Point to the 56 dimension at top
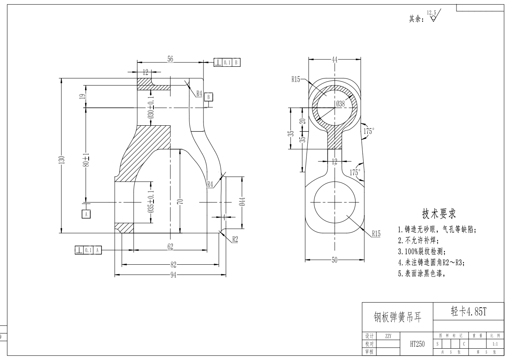pyautogui.click(x=170, y=59)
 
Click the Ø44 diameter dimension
pyautogui.click(x=242, y=201)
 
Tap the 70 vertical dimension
pyautogui.click(x=180, y=201)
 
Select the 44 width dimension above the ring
pyautogui.click(x=334, y=59)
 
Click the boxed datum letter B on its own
pyautogui.click(x=209, y=96)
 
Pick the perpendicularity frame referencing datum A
pyautogui.click(x=88, y=250)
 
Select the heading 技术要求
pyautogui.click(x=439, y=214)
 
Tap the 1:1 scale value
pyautogui.click(x=495, y=344)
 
